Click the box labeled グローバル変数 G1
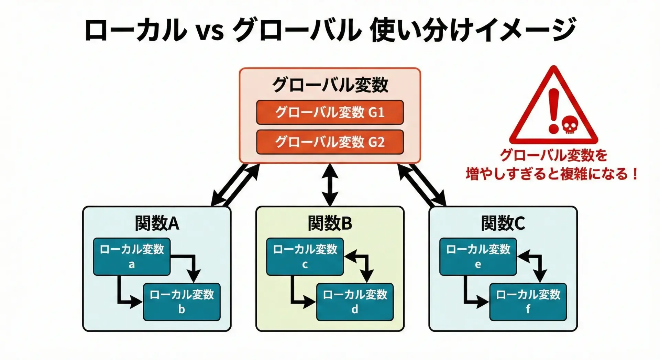click(330, 112)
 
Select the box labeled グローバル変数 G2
click(330, 142)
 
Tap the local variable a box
click(132, 257)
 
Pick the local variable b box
click(181, 302)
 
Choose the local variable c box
click(305, 257)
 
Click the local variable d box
click(355, 302)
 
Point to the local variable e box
click(478, 257)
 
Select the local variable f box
click(528, 302)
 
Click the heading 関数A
click(157, 223)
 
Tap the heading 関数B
click(330, 223)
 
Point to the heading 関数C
click(503, 223)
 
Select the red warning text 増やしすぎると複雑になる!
click(552, 174)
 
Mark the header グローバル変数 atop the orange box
click(330, 85)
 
